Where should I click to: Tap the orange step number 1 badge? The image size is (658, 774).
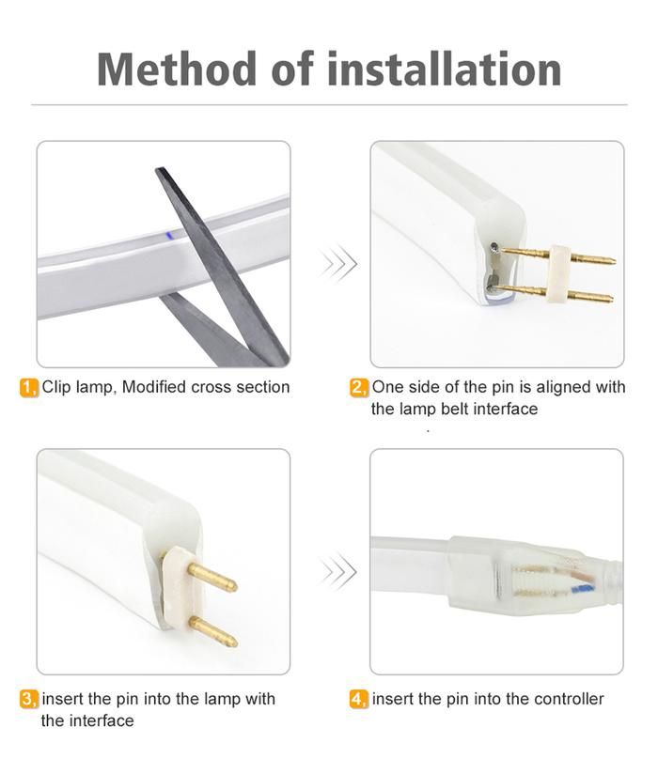click(x=29, y=388)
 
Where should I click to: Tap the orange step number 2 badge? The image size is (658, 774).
click(x=359, y=388)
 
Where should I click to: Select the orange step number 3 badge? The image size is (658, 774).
click(x=29, y=700)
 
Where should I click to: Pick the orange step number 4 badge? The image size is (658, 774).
click(x=359, y=700)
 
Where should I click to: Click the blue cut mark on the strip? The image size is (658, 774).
click(x=169, y=236)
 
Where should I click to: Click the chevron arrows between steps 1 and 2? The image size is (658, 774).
click(x=338, y=263)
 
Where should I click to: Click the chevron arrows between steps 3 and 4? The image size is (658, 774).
click(x=338, y=572)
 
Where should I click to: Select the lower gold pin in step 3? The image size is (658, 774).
click(x=213, y=633)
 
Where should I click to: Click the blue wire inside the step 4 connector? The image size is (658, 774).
click(x=582, y=589)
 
